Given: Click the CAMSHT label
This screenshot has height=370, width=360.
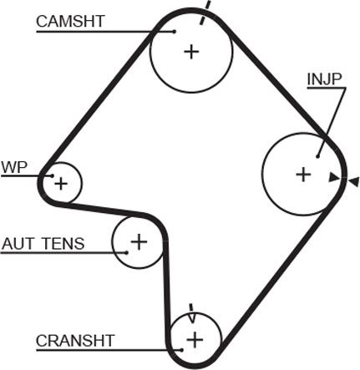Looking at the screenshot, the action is tap(70, 21).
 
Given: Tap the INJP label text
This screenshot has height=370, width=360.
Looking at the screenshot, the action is tap(324, 79).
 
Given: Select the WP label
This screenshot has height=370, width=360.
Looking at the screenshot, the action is tap(14, 168).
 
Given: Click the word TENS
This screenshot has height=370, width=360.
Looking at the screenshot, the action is tap(63, 244).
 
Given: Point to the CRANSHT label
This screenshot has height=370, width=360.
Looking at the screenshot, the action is tap(75, 341).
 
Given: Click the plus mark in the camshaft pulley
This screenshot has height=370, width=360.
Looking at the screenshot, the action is tap(191, 52).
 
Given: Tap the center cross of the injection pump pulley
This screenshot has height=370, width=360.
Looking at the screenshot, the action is tap(303, 175).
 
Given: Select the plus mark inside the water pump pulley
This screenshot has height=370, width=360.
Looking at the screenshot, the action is tap(61, 184).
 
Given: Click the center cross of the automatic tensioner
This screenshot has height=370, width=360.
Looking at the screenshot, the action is tap(139, 241).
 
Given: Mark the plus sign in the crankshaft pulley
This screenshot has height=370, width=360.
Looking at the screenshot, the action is tap(195, 340).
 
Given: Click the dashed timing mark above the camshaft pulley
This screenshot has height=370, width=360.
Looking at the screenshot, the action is tap(205, 13).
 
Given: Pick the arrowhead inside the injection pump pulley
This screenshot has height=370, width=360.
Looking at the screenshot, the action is tap(334, 177).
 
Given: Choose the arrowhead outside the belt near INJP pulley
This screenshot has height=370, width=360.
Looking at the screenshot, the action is tap(353, 182).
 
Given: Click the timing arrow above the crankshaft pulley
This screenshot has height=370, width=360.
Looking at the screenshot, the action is tap(191, 313).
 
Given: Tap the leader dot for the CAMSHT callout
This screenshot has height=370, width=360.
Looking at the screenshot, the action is tap(175, 32).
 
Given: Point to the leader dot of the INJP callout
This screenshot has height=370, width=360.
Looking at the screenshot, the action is tap(317, 157).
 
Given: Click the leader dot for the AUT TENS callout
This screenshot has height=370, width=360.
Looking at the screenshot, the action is tap(127, 253).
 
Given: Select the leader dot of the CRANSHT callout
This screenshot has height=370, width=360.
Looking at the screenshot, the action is tap(181, 350).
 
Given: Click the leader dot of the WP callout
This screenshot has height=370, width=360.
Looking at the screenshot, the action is tap(52, 175).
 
